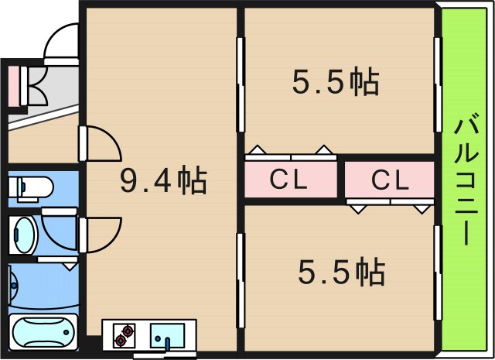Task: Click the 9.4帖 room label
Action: (163, 180)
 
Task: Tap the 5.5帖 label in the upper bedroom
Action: (335, 81)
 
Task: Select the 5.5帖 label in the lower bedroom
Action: (342, 272)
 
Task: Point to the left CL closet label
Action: (288, 179)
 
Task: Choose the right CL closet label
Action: (390, 180)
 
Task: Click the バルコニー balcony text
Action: (466, 179)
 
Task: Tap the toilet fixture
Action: (31, 189)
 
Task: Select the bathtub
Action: (43, 332)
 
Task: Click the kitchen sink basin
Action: (167, 335)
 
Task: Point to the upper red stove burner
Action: (128, 331)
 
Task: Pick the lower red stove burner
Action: (121, 341)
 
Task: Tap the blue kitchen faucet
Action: (167, 344)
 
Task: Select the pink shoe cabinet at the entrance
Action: (14, 86)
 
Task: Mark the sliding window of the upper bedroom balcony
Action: (438, 84)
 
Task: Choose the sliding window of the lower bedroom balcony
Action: (438, 273)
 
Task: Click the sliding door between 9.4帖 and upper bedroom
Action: (241, 84)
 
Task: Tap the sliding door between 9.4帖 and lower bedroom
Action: (241, 281)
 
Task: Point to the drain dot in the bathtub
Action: (66, 332)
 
